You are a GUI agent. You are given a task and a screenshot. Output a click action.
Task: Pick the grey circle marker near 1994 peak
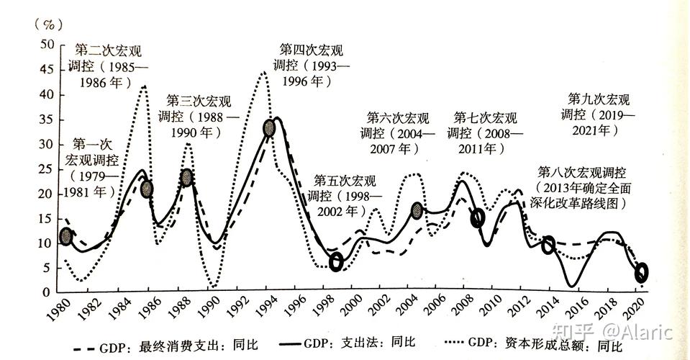coord(269,129)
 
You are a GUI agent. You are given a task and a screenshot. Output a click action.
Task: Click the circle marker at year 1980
coord(66,236)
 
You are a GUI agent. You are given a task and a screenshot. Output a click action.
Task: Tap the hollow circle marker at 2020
coord(642,272)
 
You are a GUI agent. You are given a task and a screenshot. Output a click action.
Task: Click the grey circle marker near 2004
coord(417,210)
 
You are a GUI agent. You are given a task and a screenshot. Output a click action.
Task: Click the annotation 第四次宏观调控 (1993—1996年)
coord(312,66)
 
